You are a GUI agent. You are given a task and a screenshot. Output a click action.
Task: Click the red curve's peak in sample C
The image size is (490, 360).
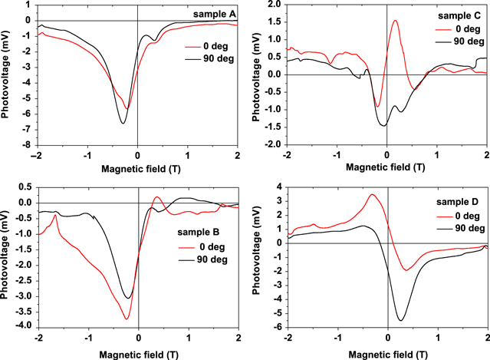pos(395,21)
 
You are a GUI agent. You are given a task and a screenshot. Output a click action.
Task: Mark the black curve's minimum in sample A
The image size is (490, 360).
pos(123,123)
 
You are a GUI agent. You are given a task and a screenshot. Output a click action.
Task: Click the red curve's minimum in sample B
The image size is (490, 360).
pos(127,319)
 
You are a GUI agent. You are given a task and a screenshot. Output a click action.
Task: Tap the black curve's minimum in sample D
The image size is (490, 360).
pos(400,320)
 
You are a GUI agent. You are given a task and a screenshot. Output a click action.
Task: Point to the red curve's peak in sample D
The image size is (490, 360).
pos(372,194)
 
